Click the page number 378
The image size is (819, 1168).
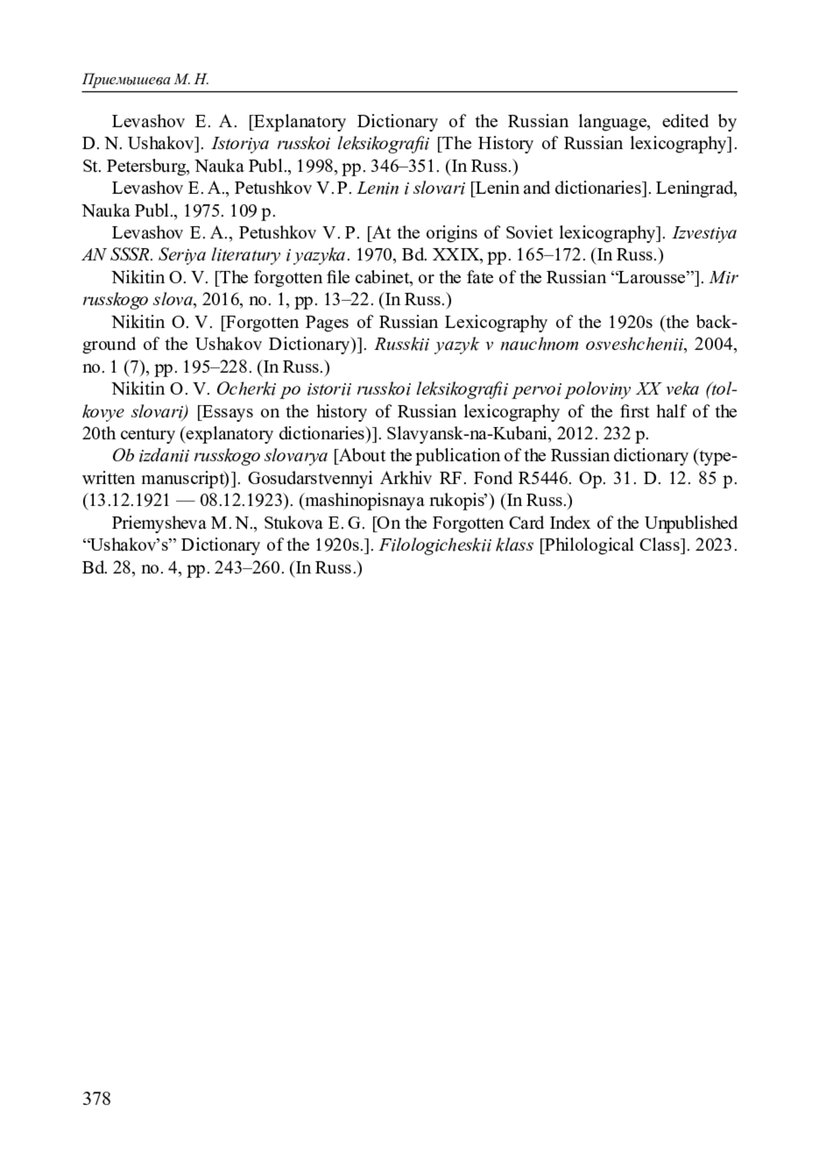[x=96, y=1098]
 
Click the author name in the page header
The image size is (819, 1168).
[x=145, y=81]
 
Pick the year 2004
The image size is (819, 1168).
[x=712, y=344]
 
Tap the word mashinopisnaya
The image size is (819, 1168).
[x=364, y=501]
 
